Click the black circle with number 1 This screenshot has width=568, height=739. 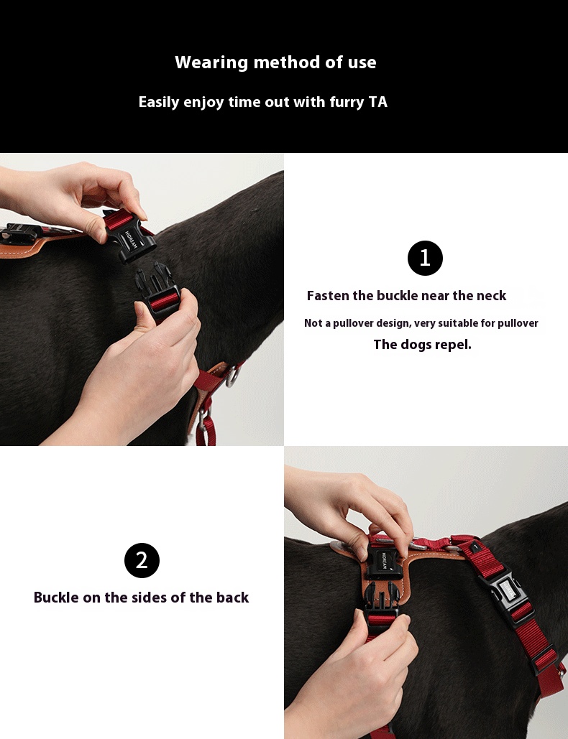tap(425, 259)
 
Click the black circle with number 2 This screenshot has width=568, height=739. tap(142, 560)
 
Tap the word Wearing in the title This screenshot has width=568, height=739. tap(211, 62)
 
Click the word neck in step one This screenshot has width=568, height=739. tap(491, 295)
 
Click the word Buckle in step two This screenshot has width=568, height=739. tap(57, 597)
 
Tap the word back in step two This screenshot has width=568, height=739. tap(232, 597)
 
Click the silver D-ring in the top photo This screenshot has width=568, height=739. tap(232, 376)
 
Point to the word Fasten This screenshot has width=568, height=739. tap(328, 295)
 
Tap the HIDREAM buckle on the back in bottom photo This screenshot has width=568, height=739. tap(383, 563)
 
